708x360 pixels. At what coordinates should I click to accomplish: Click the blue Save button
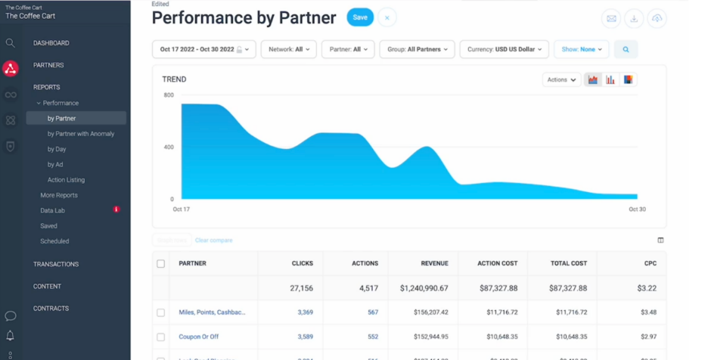click(360, 17)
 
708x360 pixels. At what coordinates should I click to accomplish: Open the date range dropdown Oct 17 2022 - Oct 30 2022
click(203, 50)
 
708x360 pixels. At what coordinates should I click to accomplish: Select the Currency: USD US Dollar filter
click(504, 50)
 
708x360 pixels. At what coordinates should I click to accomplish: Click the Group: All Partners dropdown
click(417, 50)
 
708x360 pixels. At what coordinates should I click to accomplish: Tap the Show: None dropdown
click(581, 50)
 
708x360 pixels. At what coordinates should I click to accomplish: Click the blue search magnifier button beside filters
click(626, 50)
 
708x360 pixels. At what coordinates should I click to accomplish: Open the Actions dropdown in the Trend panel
click(560, 79)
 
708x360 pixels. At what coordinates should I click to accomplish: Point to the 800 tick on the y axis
click(169, 95)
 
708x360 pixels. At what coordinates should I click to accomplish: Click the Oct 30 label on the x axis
click(637, 209)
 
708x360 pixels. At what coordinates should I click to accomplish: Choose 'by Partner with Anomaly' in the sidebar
click(81, 134)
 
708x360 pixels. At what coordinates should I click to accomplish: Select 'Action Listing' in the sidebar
click(66, 180)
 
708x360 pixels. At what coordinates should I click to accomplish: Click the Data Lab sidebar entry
click(53, 210)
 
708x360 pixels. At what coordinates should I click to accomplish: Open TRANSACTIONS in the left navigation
click(56, 264)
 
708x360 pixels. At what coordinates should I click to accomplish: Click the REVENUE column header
click(434, 263)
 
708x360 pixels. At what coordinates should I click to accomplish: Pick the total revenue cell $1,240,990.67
click(424, 288)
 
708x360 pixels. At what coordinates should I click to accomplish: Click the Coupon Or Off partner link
click(198, 337)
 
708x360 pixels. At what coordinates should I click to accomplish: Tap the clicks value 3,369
click(305, 312)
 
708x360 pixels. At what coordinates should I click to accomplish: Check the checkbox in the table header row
click(160, 264)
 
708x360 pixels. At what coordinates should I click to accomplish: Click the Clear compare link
click(213, 241)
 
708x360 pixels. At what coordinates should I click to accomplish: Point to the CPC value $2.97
click(648, 337)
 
